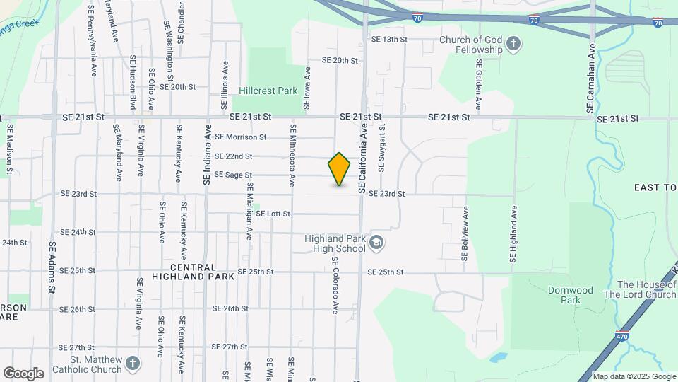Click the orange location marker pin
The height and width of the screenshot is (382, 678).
(339, 169)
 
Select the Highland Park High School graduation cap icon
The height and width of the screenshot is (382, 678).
(377, 243)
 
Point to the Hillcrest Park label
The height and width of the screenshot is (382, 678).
(268, 91)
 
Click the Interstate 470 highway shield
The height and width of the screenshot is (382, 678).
(621, 335)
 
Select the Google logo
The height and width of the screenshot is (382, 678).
(23, 373)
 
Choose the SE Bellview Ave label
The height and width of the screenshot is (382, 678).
(465, 234)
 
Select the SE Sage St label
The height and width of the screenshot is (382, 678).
(233, 175)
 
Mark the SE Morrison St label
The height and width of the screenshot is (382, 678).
(240, 137)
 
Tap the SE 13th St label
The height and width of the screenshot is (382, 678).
(389, 40)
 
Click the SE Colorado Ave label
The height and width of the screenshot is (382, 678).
(335, 285)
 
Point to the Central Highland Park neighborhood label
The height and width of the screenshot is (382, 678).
(203, 272)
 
